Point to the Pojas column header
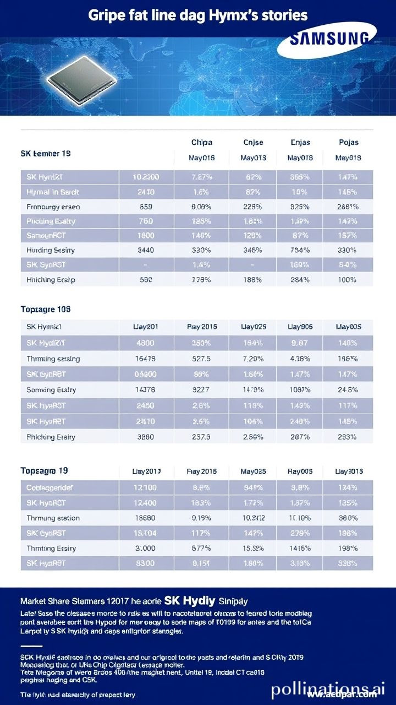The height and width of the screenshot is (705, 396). (x=348, y=142)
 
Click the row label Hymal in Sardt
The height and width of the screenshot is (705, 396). (x=53, y=192)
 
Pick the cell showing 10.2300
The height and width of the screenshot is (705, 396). (x=146, y=177)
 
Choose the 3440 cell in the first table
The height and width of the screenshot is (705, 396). (x=146, y=250)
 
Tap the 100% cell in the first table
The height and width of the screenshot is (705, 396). (x=348, y=279)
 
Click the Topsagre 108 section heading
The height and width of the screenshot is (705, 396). (x=45, y=310)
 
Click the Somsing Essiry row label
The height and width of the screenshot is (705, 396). (x=51, y=390)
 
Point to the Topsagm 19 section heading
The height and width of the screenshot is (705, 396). (x=44, y=471)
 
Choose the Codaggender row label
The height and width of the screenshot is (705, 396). (x=50, y=487)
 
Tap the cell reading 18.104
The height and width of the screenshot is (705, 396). (x=146, y=533)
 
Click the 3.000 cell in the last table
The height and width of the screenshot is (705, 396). (x=146, y=548)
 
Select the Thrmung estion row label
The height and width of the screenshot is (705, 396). (x=53, y=518)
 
